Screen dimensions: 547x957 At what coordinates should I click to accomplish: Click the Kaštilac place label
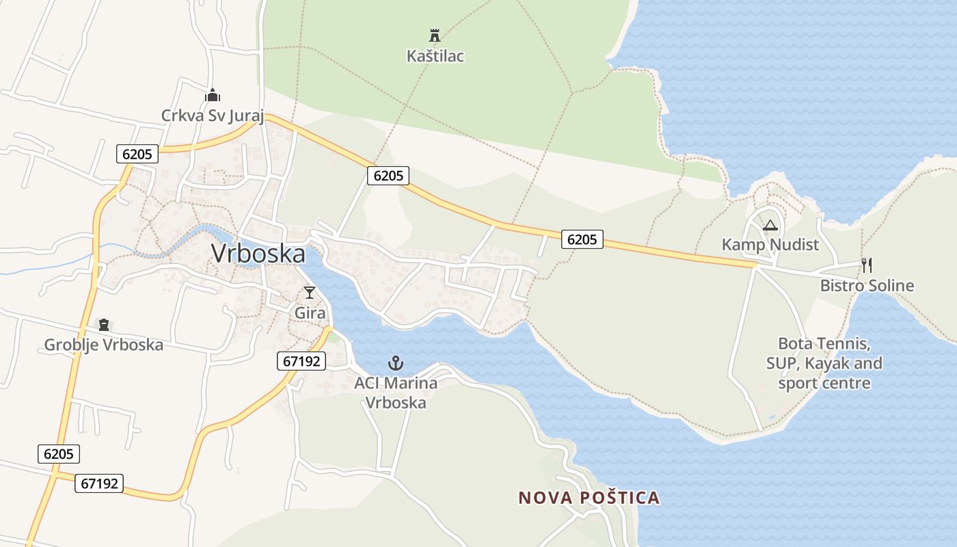[x=435, y=55]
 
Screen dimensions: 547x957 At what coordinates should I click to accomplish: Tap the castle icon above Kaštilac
[x=434, y=36]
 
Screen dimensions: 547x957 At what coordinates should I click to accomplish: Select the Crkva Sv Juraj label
[x=212, y=115]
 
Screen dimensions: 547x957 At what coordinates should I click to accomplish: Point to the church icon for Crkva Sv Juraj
[x=212, y=94]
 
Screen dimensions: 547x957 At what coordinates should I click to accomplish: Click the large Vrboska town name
[x=258, y=253]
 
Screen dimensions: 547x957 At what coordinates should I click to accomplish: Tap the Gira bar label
[x=310, y=312]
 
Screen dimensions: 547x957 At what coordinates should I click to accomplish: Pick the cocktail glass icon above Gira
[x=310, y=293]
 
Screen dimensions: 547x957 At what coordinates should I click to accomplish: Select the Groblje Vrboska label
[x=104, y=345]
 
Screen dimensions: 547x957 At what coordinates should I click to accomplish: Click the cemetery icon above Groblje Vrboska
[x=104, y=324]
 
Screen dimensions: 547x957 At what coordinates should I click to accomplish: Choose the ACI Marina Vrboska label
[x=395, y=392]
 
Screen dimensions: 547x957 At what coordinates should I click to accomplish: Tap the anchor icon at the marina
[x=395, y=362]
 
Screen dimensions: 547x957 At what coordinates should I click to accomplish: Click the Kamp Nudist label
[x=770, y=244]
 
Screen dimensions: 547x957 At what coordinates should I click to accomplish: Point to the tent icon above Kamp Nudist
[x=770, y=225]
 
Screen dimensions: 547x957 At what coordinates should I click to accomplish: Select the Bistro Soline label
[x=867, y=285]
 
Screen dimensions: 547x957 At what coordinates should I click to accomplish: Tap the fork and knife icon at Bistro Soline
[x=867, y=265]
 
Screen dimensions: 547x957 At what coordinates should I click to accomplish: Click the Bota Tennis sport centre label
[x=824, y=363]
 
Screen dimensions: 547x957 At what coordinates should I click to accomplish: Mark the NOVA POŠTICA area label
[x=589, y=498]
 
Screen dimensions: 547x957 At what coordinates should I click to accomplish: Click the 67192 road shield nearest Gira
[x=301, y=360]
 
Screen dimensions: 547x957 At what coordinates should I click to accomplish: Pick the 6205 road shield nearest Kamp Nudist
[x=582, y=239]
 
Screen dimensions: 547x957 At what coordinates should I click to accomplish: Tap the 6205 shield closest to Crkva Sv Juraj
[x=137, y=154]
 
